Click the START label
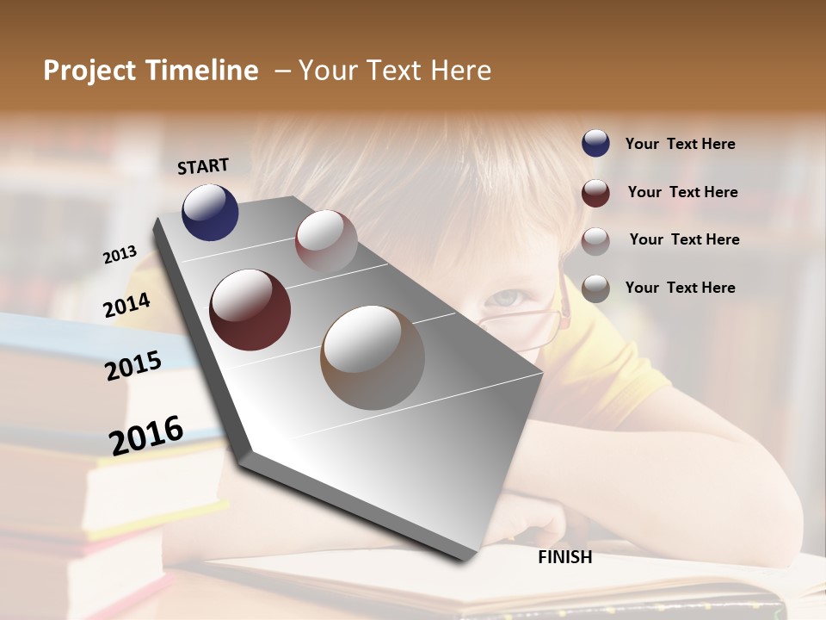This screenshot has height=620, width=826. tap(203, 166)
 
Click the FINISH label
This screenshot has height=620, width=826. tap(565, 557)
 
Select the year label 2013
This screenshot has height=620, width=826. tap(120, 254)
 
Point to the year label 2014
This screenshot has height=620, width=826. tap(127, 305)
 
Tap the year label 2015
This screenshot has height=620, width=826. tap(133, 366)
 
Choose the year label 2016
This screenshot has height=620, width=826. tap(146, 435)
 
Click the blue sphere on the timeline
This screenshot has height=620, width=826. tap(210, 212)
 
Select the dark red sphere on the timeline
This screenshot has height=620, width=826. tap(250, 310)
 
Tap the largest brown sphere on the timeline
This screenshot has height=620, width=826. tap(373, 357)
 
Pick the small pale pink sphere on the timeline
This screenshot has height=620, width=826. tap(326, 240)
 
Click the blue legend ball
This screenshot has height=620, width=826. tap(595, 144)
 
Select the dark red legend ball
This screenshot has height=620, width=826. tap(595, 193)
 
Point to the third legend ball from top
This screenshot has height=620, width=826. tap(595, 240)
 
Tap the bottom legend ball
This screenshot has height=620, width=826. tap(595, 288)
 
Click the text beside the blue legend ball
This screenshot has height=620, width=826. tap(680, 144)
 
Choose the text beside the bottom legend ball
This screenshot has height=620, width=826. tap(680, 288)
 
